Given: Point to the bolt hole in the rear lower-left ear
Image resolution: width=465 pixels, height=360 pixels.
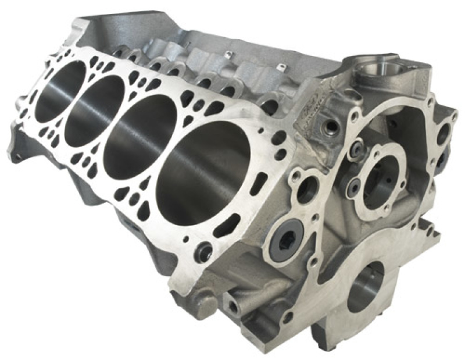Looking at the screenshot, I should coord(17,155).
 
